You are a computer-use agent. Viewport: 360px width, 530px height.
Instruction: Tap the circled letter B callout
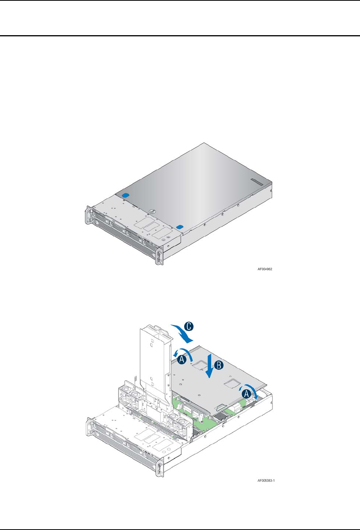219,365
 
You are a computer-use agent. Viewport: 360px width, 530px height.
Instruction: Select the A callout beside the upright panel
182,359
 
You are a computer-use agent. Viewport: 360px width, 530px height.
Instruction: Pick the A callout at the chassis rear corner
246,394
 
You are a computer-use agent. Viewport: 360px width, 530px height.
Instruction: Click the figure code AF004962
265,269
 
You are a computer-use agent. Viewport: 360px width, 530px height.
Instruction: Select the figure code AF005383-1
266,481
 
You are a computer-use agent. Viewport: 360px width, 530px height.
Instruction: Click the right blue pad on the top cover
180,227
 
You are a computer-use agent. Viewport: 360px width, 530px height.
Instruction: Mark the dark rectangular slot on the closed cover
257,182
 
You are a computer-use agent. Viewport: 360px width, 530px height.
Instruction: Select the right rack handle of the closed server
159,255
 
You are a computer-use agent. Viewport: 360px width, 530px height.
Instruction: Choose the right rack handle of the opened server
159,467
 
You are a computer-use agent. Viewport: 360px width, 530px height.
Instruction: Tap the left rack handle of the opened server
88,427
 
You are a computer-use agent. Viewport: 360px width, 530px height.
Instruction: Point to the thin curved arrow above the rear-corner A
250,387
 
